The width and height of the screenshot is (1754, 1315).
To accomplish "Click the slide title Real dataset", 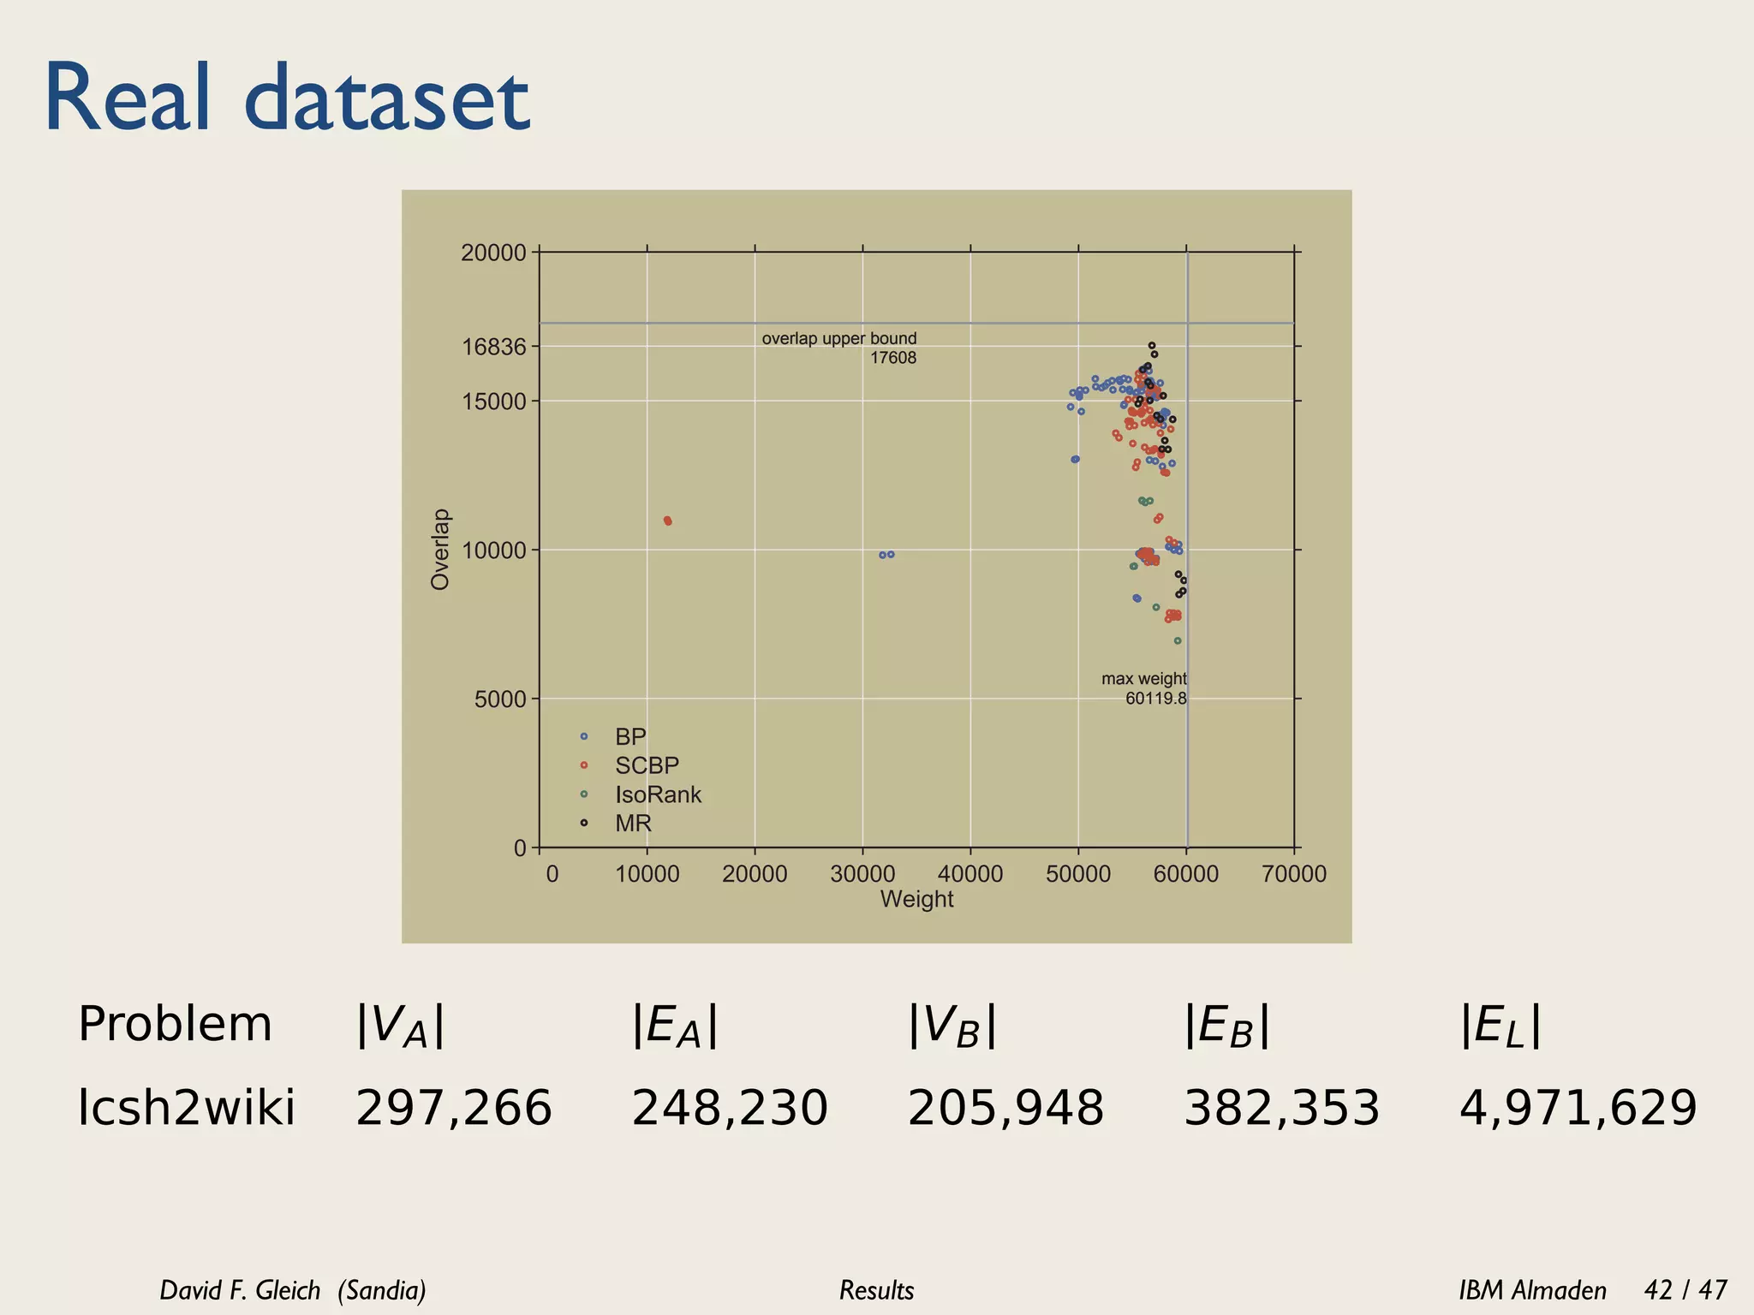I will [x=287, y=98].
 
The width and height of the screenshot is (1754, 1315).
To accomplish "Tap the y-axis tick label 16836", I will [x=493, y=348].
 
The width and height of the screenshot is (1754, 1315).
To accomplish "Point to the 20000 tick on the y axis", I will [x=493, y=253].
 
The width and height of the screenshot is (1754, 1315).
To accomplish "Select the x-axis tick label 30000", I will [x=862, y=874].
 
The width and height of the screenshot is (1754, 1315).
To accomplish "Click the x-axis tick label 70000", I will [x=1293, y=874].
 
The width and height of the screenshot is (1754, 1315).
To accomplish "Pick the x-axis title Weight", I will [x=916, y=900].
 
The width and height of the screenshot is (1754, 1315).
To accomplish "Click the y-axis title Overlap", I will [x=440, y=549].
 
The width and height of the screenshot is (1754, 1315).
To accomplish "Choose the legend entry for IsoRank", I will [x=657, y=794].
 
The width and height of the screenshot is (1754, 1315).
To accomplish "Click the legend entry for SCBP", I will [x=646, y=765].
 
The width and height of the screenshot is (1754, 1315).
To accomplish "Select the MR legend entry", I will [x=633, y=824].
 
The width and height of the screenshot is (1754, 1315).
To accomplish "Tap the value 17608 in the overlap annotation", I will [x=892, y=358].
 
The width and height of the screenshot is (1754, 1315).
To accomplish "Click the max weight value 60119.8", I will [x=1155, y=699].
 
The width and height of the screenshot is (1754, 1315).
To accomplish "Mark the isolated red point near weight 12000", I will [x=667, y=521].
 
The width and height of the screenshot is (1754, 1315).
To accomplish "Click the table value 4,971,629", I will [x=1578, y=1108].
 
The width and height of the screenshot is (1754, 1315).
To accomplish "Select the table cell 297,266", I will [x=454, y=1108].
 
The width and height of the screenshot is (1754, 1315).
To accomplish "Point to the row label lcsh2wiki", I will [x=186, y=1108].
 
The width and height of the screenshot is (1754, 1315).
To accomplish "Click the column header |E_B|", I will [x=1226, y=1026].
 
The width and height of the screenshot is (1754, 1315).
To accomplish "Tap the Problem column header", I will [x=175, y=1024].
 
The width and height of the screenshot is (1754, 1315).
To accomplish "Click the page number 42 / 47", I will [x=1685, y=1289].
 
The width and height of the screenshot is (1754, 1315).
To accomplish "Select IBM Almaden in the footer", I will [x=1532, y=1289].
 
